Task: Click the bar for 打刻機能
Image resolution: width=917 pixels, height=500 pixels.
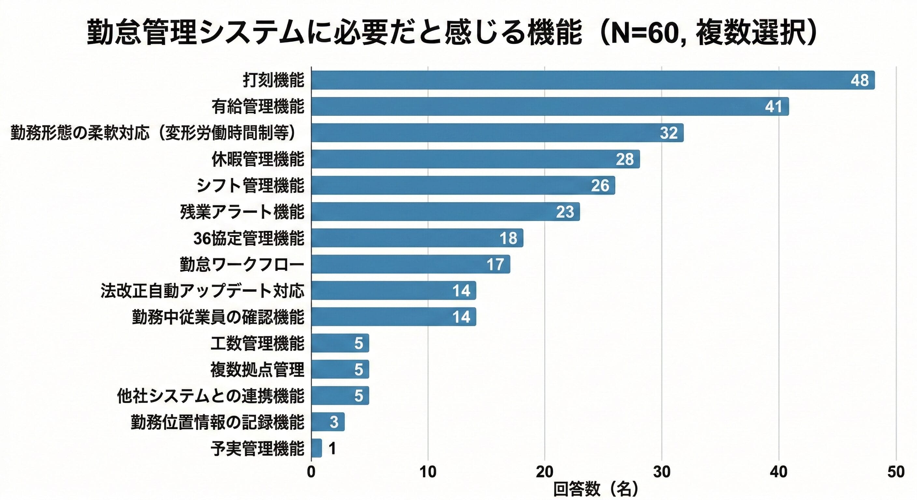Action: click(x=593, y=80)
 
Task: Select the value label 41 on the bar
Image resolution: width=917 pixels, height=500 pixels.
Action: click(x=773, y=106)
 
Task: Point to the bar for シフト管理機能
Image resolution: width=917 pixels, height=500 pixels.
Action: click(x=463, y=186)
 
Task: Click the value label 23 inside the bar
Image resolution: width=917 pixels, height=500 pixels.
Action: click(x=565, y=212)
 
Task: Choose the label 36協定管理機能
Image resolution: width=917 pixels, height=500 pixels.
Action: click(x=248, y=238)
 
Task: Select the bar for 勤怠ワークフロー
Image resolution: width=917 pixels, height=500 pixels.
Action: click(x=410, y=264)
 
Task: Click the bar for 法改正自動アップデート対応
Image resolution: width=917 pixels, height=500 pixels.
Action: click(x=393, y=291)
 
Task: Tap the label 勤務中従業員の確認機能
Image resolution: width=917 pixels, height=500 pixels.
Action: click(x=218, y=317)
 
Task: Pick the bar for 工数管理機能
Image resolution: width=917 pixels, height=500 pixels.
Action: click(x=340, y=343)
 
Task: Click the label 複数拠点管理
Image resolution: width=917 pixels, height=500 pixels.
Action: click(x=257, y=370)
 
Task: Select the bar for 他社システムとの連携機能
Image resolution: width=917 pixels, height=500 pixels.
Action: click(x=340, y=396)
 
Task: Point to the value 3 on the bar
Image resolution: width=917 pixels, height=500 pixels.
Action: click(x=333, y=422)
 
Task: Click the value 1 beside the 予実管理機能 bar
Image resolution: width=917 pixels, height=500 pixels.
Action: click(x=332, y=448)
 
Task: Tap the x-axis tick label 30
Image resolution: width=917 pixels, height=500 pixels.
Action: click(x=662, y=472)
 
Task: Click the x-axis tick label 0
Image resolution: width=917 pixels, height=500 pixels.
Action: click(x=311, y=472)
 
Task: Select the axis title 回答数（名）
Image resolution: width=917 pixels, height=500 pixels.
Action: click(x=596, y=490)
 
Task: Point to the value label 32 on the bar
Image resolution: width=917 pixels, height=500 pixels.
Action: click(x=669, y=133)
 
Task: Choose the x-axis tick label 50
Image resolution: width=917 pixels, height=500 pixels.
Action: click(x=896, y=472)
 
